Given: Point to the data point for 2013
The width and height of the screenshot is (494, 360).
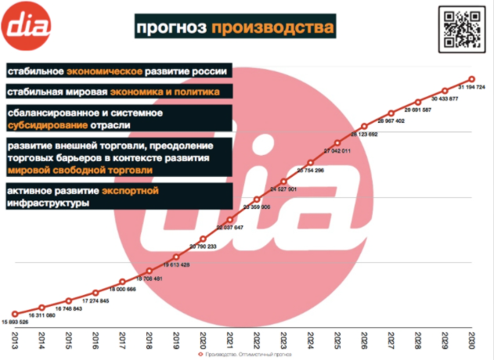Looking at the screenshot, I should [15, 314].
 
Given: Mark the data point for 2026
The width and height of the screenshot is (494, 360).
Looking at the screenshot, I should [364, 126].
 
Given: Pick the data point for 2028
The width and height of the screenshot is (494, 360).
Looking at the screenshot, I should [417, 101].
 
